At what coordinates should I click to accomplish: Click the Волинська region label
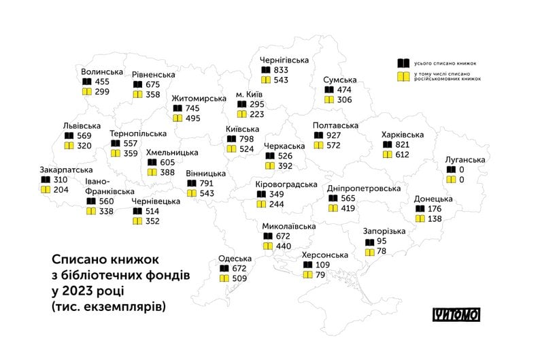coord(102,71)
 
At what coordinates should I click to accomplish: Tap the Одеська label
coord(235,258)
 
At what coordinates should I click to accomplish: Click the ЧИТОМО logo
coord(456,314)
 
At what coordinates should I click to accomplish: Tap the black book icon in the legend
coord(404,63)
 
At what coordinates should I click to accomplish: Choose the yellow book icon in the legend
coord(404,77)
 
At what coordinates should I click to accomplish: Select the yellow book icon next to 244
coord(262,204)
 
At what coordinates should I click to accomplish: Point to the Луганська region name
coord(465,159)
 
